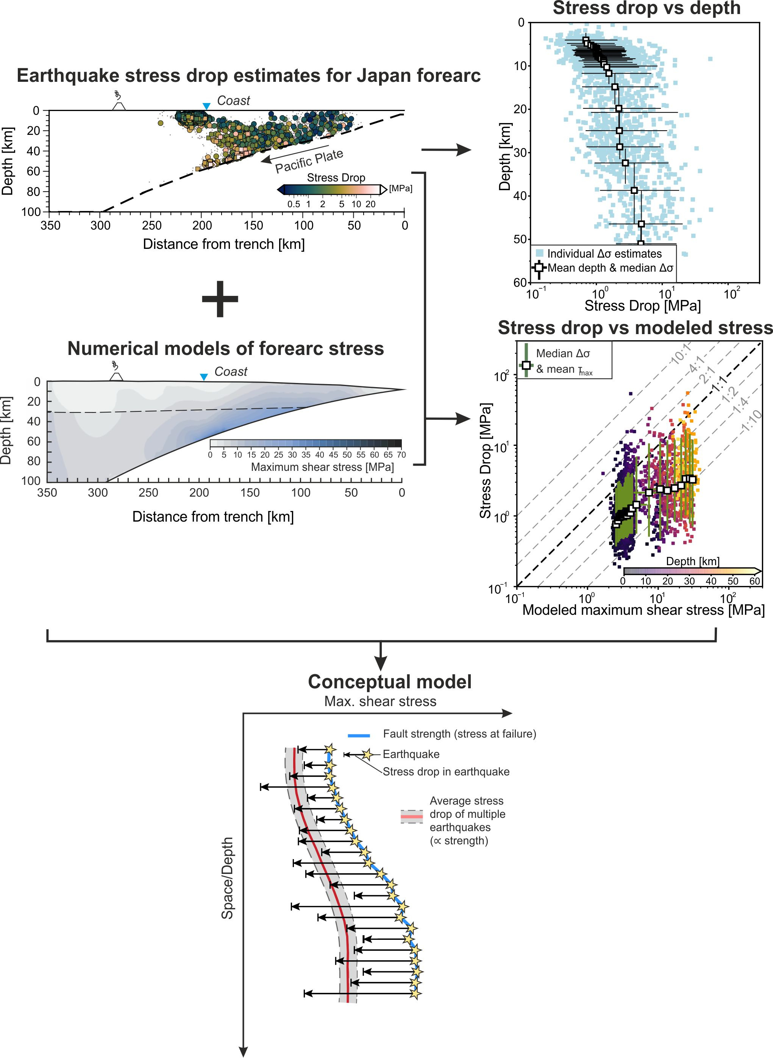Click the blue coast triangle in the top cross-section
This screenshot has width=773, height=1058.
pos(206,106)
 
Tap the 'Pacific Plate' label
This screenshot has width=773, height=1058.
pos(309,161)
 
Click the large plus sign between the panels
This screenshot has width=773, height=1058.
pos(220,298)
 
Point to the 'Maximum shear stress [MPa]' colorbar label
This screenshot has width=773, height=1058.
pos(322,467)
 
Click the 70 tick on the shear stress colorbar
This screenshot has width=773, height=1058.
pos(401,454)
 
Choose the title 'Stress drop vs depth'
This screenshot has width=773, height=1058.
pos(646,8)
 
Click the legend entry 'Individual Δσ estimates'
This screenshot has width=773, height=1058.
pos(604,254)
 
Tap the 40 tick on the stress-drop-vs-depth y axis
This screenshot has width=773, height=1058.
pos(519,195)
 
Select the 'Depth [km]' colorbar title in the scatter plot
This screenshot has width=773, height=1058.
pos(692,561)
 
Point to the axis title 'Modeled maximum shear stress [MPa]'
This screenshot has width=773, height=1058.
pos(643,610)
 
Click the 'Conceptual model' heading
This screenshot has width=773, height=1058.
pos(389,682)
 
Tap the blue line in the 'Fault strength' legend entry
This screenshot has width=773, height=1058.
pos(359,736)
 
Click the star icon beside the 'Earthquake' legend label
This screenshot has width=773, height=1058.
pos(367,754)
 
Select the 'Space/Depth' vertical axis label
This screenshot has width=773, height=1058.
pos(227,878)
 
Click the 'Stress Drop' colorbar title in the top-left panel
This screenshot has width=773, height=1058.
pos(336,177)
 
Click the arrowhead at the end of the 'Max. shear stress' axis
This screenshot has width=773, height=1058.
pos(508,713)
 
